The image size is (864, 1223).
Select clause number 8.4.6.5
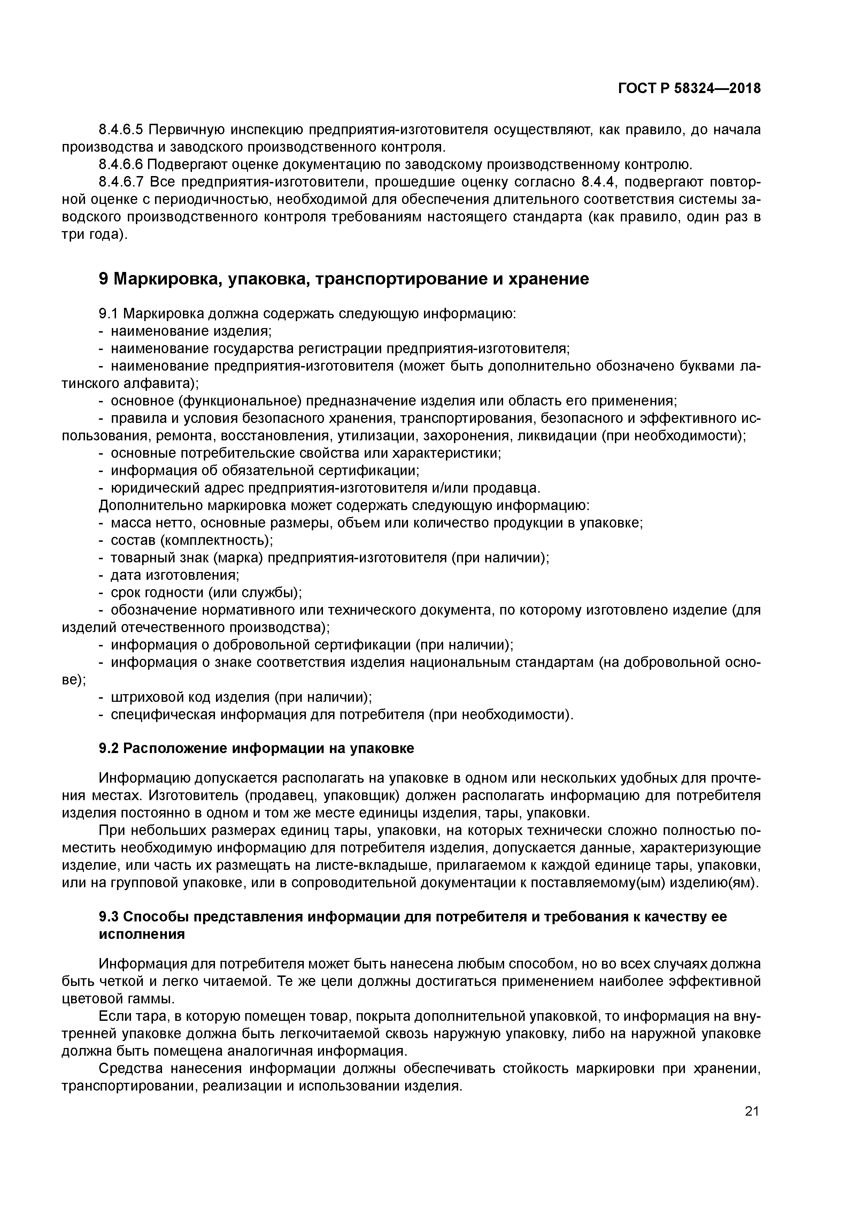click(121, 129)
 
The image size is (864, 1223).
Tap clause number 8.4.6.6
click(121, 165)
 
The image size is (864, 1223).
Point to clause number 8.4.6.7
click(121, 182)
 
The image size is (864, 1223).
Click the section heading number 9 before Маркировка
click(104, 279)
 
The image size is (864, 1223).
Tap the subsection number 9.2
click(109, 749)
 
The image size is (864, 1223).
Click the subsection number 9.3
click(109, 917)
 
